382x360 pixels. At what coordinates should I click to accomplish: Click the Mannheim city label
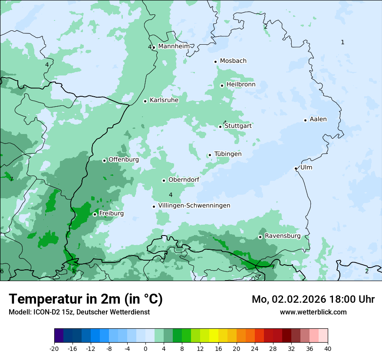pos(174,46)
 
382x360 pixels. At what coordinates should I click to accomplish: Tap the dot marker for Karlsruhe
pos(145,101)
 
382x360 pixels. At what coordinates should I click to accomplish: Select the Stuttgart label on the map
pos(238,126)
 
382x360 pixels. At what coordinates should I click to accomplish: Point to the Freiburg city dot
pos(95,214)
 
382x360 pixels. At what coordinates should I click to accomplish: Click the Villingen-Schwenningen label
pos(194,206)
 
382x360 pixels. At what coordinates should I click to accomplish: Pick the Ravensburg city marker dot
pos(260,237)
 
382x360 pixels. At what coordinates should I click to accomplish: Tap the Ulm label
pos(306,167)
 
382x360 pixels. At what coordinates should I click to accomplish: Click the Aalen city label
pos(318,119)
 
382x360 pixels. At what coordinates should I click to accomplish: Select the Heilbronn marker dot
pos(222,85)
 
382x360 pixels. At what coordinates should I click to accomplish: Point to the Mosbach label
pos(233,61)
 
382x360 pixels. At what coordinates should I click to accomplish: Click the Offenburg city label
pos(124,160)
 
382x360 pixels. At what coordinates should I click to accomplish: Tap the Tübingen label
pos(228,154)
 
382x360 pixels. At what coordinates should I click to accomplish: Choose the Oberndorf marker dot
pos(164,180)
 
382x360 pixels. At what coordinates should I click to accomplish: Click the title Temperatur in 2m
pos(86,299)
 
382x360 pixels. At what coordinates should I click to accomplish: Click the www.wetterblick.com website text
pos(313,312)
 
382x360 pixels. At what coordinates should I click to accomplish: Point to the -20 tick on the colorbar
pos(54,348)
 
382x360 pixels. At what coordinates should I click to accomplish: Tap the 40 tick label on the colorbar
pos(328,348)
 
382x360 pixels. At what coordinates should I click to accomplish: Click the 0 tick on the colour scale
pos(145,348)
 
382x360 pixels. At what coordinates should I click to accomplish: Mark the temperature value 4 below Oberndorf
pos(171,195)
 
